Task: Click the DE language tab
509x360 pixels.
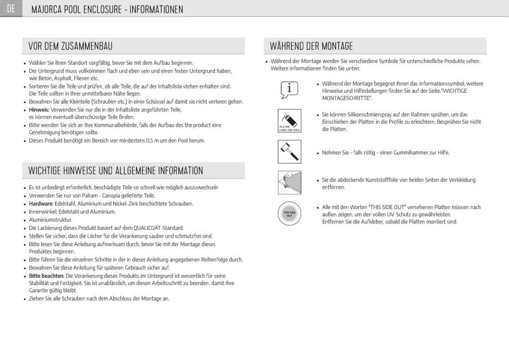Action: pos(11,9)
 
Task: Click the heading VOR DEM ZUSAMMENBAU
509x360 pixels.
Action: pos(71,46)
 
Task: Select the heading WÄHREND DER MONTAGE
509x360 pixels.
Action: pos(311,46)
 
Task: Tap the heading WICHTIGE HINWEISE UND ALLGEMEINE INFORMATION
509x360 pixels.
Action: pos(116,171)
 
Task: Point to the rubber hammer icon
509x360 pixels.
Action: pos(290,152)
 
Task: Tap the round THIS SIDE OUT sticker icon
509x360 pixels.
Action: pos(290,213)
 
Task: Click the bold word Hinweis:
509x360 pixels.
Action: pos(40,110)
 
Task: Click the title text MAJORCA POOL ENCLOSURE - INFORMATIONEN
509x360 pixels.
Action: pos(107,10)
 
